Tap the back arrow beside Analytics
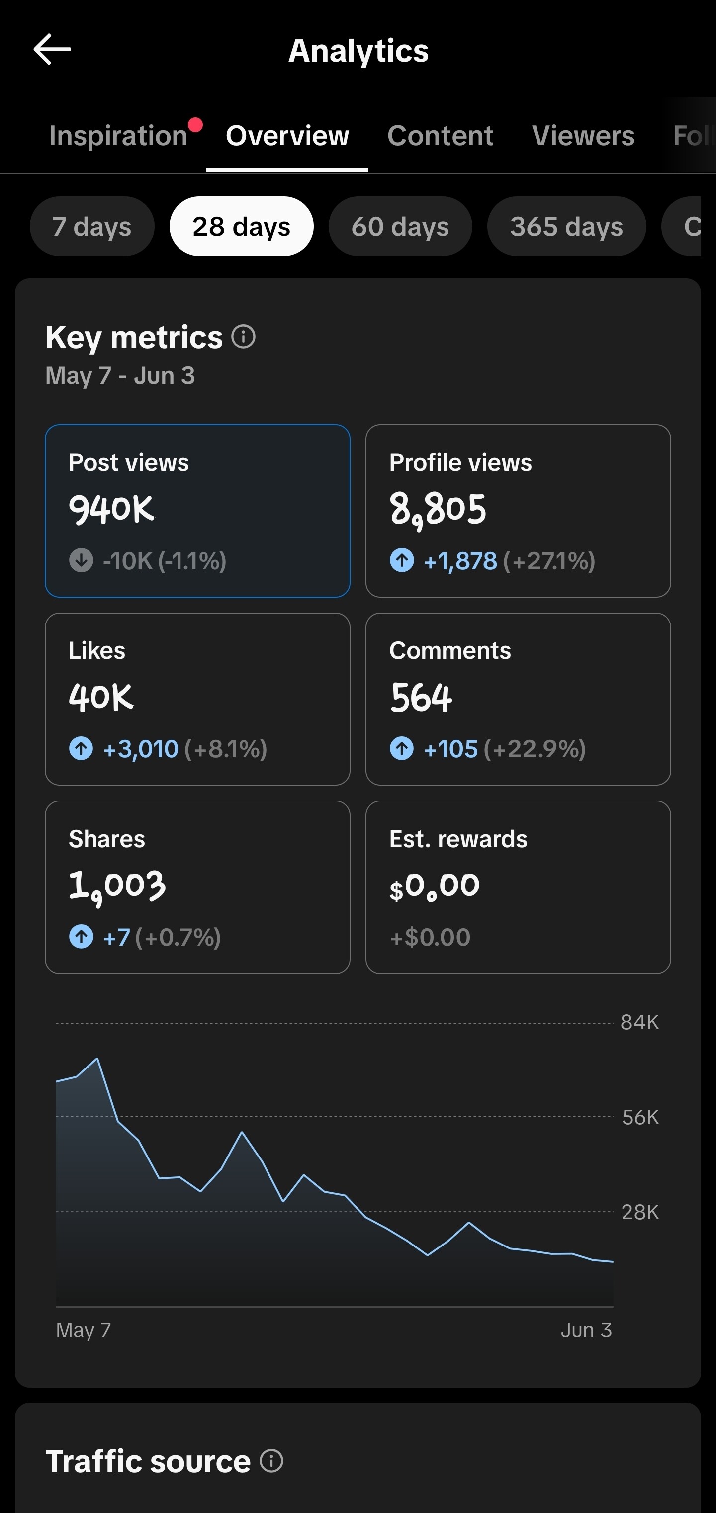(52, 49)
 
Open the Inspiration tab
(118, 136)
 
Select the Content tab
(440, 136)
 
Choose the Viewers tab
(583, 136)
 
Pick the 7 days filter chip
(92, 226)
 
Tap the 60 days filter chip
(400, 226)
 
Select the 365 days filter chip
(566, 226)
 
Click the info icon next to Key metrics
(243, 337)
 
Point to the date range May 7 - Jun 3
(120, 376)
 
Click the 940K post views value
(111, 509)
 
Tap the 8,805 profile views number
(438, 509)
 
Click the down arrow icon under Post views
(81, 560)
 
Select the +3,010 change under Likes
(140, 749)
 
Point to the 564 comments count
(421, 698)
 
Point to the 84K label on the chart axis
(639, 1023)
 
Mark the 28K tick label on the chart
(639, 1212)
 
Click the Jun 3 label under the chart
(586, 1330)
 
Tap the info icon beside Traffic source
(271, 1461)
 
